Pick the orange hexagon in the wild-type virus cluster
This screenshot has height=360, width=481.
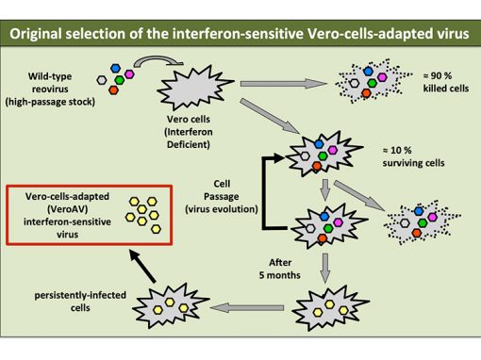click(x=114, y=90)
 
